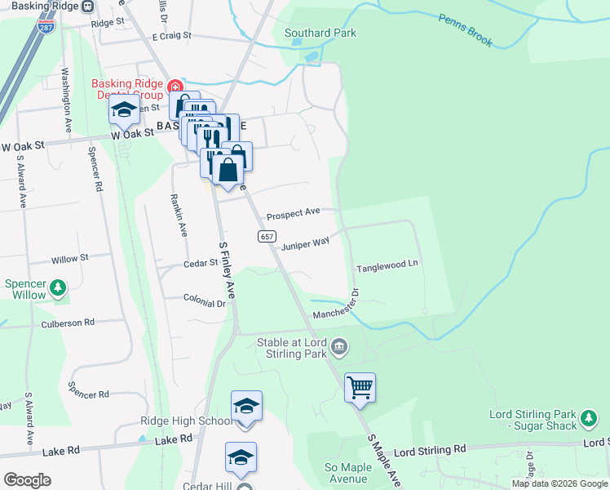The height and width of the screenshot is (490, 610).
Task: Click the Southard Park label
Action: (320, 33)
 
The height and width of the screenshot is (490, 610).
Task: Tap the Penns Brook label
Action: (465, 30)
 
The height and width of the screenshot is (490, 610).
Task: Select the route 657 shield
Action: (266, 236)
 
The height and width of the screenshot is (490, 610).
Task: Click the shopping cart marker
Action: (360, 386)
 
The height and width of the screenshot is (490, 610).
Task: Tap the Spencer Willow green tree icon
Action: (58, 287)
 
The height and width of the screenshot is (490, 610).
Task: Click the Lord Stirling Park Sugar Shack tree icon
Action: (589, 420)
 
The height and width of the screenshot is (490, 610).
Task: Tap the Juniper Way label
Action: (306, 243)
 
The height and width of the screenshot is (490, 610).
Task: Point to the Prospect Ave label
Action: (294, 213)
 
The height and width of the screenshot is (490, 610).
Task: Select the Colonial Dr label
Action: (204, 301)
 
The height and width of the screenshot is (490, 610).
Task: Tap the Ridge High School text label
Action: (186, 421)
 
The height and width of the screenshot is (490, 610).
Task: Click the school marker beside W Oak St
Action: (124, 111)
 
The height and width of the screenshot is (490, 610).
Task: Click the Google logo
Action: (28, 480)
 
